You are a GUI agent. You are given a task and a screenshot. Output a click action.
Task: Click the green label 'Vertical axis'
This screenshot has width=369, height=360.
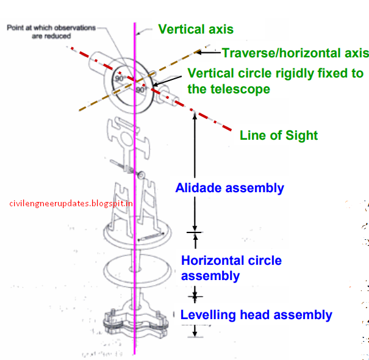click(195, 29)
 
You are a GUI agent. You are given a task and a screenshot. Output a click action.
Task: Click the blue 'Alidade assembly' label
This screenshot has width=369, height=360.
click(229, 188)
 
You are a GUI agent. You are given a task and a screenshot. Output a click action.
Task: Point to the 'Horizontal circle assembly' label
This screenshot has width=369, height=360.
click(231, 268)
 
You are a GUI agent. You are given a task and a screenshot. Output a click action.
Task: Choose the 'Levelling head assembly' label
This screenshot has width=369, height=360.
click(256, 315)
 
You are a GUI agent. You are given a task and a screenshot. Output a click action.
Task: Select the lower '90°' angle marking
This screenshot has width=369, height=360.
click(141, 90)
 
